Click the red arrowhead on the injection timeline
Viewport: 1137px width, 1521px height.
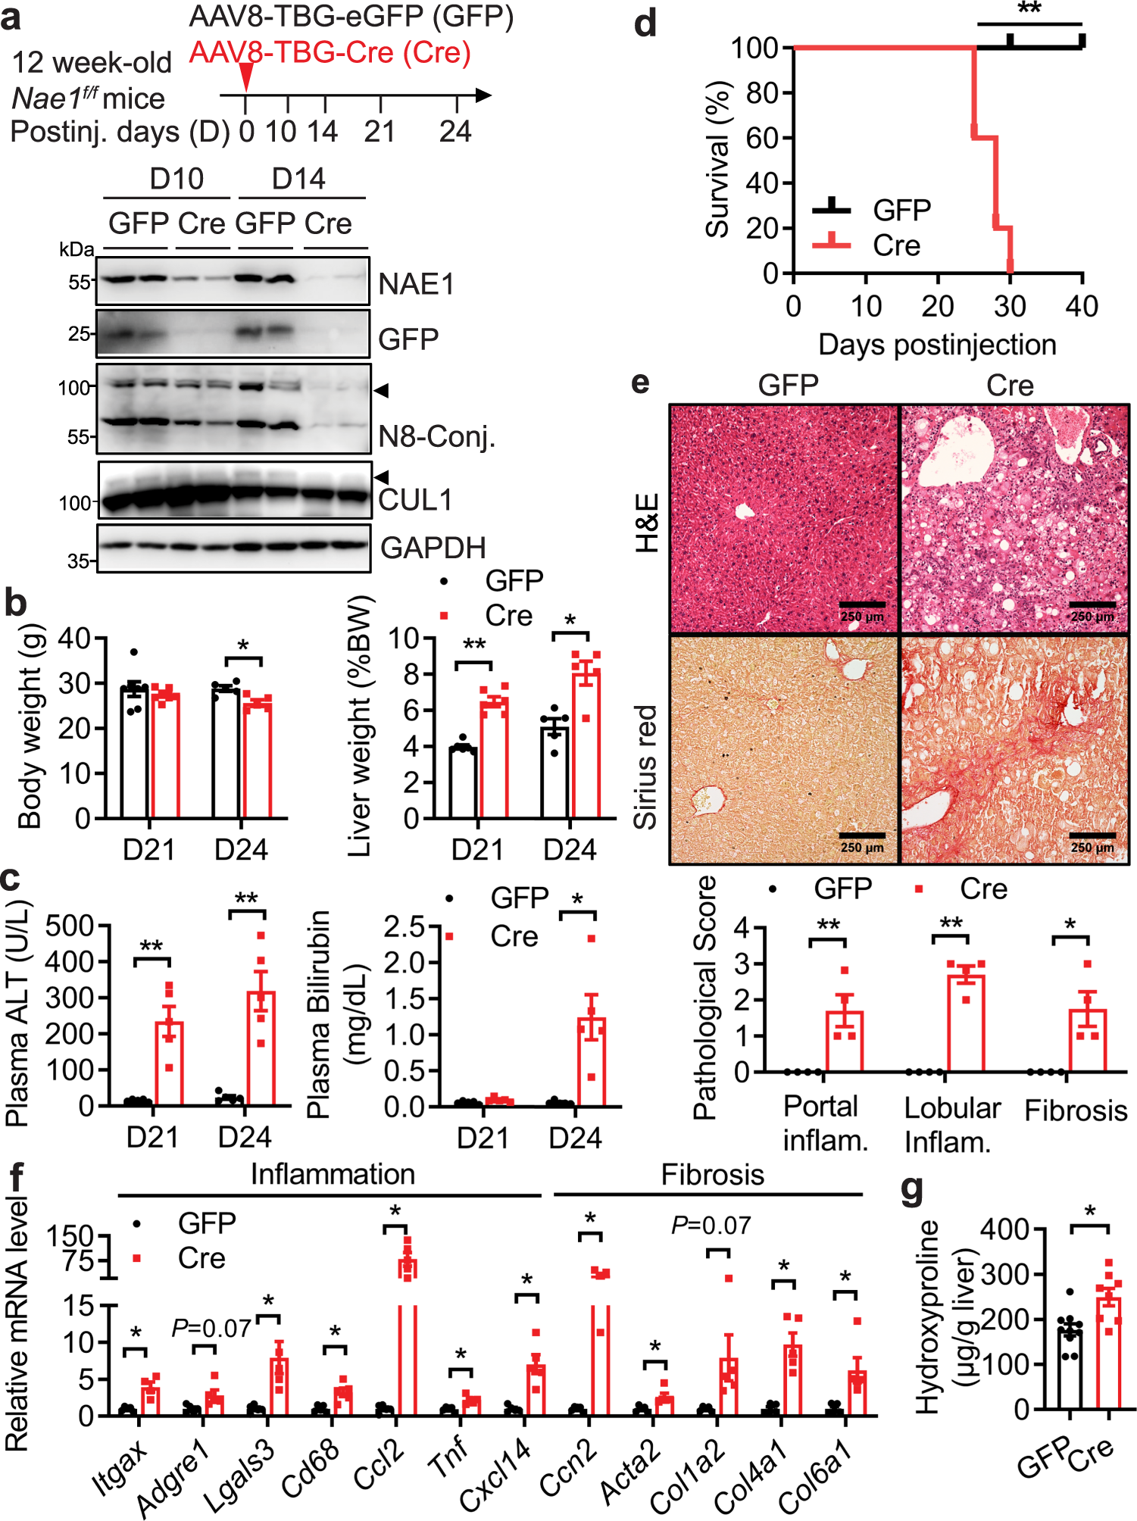pyautogui.click(x=246, y=77)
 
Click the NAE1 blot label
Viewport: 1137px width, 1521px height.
pyautogui.click(x=416, y=284)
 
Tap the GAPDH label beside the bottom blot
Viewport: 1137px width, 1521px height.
pyautogui.click(x=433, y=548)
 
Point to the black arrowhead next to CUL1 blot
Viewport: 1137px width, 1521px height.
pyautogui.click(x=382, y=477)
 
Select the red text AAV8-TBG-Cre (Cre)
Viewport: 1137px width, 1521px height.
pyautogui.click(x=330, y=52)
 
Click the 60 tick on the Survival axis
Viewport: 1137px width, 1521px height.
pyautogui.click(x=762, y=138)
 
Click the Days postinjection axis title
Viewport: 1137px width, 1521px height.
pyautogui.click(x=937, y=345)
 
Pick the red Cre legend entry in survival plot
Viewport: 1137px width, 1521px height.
pyautogui.click(x=896, y=245)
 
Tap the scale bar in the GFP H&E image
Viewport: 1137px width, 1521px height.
pyautogui.click(x=862, y=604)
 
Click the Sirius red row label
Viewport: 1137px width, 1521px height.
pyautogui.click(x=645, y=767)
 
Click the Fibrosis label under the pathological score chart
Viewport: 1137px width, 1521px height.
pyautogui.click(x=1076, y=1110)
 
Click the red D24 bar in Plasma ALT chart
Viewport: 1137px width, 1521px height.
pyautogui.click(x=261, y=1049)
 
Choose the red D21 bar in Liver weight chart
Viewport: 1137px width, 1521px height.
pyautogui.click(x=495, y=760)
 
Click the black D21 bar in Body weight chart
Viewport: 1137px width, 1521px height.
pyautogui.click(x=134, y=754)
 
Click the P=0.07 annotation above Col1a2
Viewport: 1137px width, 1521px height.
pyautogui.click(x=711, y=1225)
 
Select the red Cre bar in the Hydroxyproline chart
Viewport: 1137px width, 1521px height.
pyautogui.click(x=1109, y=1353)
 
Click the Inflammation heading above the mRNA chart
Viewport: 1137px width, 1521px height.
pyautogui.click(x=333, y=1174)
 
